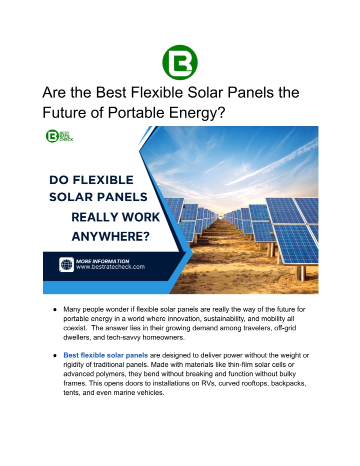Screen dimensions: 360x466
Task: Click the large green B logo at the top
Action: tap(180, 63)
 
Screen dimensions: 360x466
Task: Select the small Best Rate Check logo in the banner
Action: tap(59, 136)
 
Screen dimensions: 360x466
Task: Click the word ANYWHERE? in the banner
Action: tap(110, 237)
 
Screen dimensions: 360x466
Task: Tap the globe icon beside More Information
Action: tap(66, 264)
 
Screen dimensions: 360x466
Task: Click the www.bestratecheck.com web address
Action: tap(110, 267)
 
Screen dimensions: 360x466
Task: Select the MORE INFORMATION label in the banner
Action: tap(102, 261)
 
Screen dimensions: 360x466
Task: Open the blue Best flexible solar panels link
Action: tap(105, 355)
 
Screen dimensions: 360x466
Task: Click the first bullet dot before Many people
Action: tap(55, 310)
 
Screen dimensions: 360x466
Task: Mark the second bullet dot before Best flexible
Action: tap(55, 355)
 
